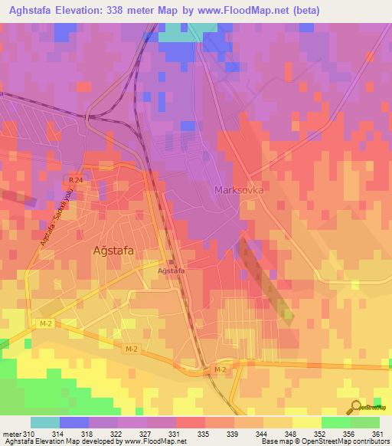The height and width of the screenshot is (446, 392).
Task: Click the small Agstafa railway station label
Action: click(x=171, y=271)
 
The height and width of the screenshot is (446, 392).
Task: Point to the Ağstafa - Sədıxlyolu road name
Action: click(x=54, y=218)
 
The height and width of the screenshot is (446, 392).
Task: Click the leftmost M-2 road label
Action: click(x=45, y=324)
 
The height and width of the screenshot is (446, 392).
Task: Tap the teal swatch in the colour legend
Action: click(x=45, y=422)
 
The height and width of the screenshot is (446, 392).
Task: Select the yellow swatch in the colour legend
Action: click(x=307, y=422)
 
